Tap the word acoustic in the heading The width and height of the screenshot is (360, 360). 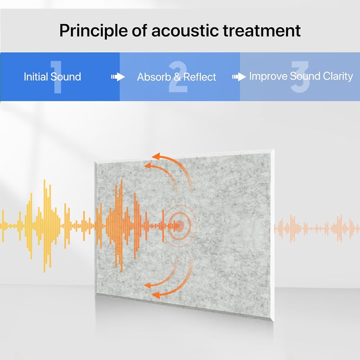coord(185,31)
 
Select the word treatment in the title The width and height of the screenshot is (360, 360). coord(262,31)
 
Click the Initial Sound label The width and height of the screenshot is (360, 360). coord(52,77)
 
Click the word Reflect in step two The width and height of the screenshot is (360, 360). coord(200,77)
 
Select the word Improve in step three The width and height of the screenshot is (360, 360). coord(268,77)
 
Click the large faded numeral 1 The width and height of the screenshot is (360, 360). coord(56,77)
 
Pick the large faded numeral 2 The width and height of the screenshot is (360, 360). coord(178,77)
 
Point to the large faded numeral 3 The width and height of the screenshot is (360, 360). coord(300,77)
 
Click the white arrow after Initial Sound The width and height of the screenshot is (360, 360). coord(118,77)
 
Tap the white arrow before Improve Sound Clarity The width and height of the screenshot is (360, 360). coord(239,77)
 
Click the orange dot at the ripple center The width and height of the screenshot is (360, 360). coord(180,226)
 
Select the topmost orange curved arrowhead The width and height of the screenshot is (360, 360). coord(156,157)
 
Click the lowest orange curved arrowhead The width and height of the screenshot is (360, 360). coord(156,295)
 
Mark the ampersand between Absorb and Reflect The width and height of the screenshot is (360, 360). coord(177,77)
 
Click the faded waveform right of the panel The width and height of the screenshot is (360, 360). coord(317,229)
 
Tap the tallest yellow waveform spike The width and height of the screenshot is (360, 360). coord(45,226)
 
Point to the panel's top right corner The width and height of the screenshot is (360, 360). coord(274,149)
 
